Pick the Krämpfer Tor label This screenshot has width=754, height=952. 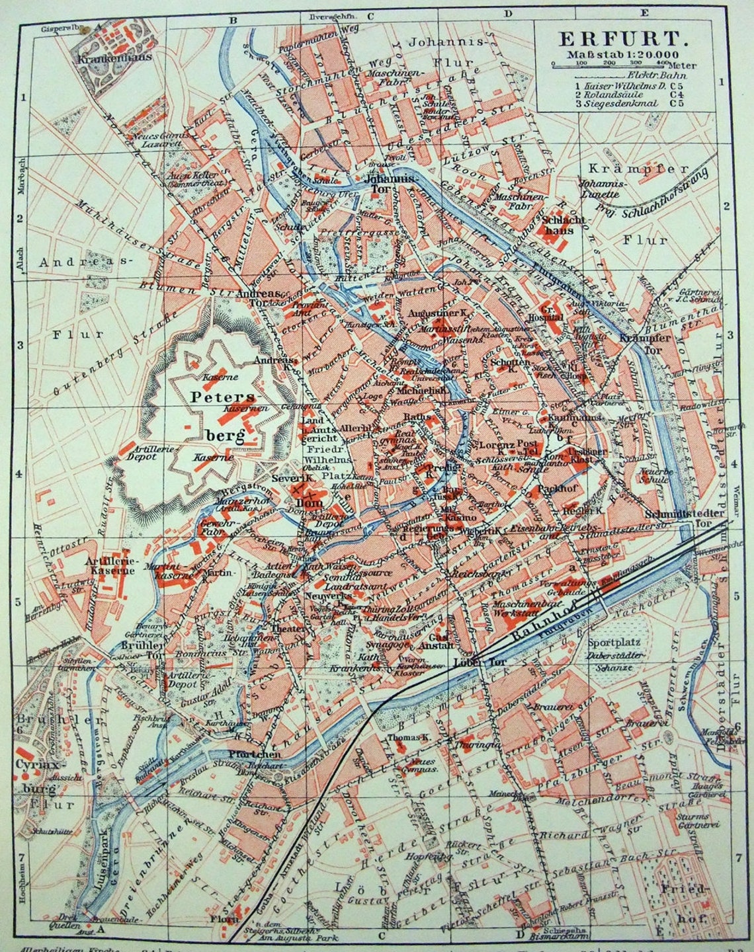[637, 343]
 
